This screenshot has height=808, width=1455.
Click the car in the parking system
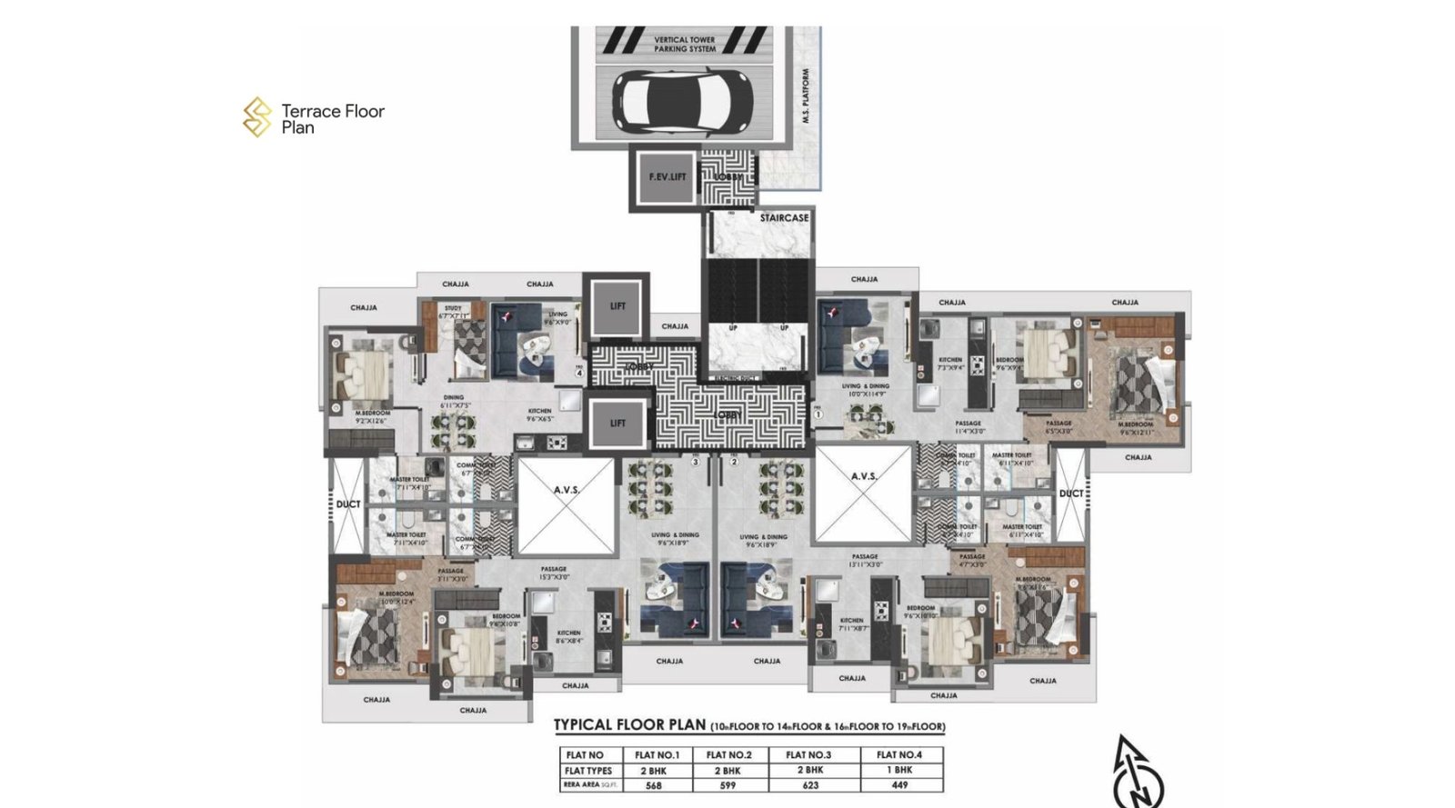[683, 100]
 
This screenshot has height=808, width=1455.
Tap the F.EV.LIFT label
[667, 176]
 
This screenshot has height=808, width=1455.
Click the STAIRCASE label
[784, 218]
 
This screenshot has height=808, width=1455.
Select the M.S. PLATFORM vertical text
[806, 96]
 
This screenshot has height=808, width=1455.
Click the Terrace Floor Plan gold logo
[257, 118]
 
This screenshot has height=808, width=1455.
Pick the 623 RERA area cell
[809, 785]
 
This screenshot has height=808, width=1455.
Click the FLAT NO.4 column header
[898, 754]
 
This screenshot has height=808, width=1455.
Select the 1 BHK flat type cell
[898, 770]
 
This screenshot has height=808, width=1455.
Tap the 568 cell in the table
[653, 785]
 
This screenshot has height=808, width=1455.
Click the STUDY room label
[452, 309]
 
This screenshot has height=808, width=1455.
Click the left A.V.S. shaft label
[566, 490]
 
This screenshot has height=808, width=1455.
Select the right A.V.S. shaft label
[863, 476]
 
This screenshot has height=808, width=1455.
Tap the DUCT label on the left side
[347, 504]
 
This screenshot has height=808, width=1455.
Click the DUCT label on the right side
[1070, 494]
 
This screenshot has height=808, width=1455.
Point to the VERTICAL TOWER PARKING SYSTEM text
[684, 45]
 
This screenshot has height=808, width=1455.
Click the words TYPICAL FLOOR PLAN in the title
[629, 725]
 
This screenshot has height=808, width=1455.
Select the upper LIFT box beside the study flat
[617, 306]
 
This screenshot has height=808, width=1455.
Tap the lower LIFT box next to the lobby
[617, 424]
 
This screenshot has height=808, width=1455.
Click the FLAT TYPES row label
[588, 771]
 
